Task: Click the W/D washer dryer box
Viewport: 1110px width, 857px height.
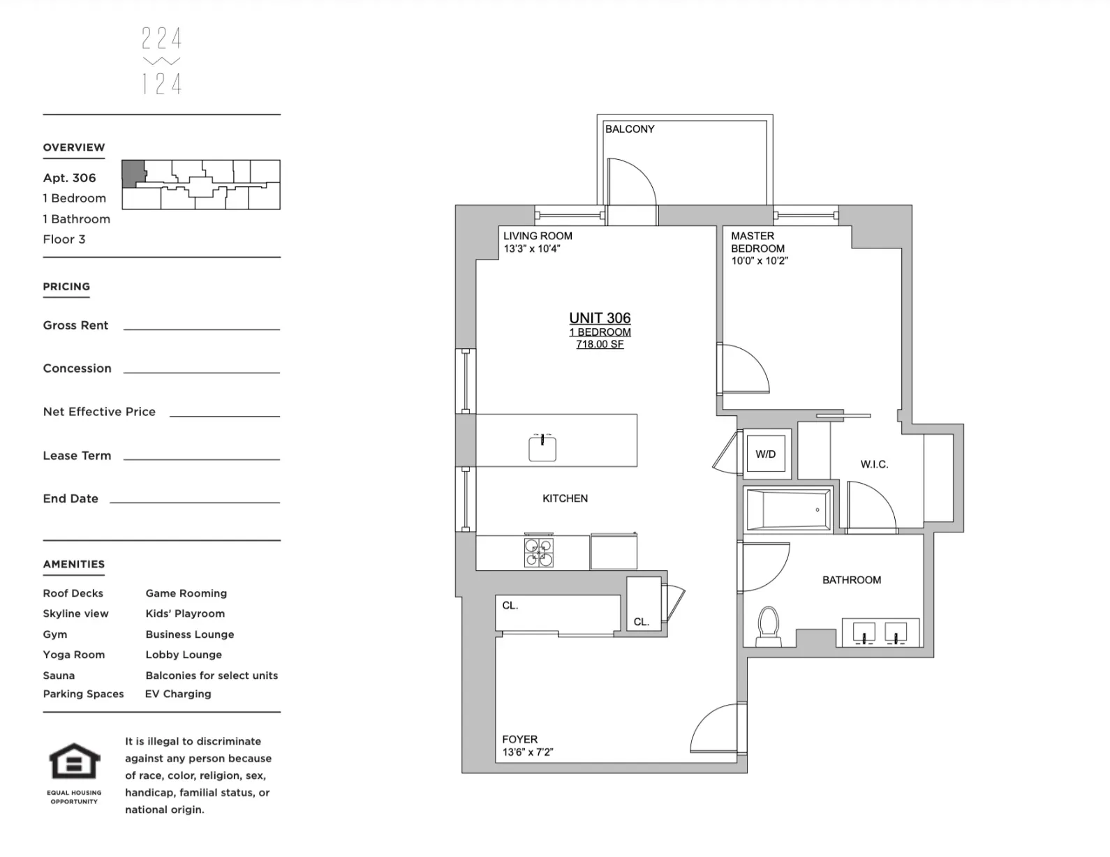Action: (766, 454)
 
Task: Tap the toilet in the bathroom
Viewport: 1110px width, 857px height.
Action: (768, 625)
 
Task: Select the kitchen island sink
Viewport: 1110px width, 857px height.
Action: (542, 448)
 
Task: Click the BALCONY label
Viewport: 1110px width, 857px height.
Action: (630, 129)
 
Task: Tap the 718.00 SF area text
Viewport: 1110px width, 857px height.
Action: (600, 345)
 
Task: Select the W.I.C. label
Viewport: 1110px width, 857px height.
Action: (874, 464)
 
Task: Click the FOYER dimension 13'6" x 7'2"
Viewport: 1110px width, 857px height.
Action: (528, 752)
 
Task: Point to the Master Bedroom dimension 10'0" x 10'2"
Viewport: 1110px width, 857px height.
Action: (760, 261)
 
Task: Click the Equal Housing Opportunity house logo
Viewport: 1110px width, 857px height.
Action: (74, 762)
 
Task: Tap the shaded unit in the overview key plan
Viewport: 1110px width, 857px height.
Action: (133, 173)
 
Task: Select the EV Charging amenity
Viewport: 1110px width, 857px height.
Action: (178, 694)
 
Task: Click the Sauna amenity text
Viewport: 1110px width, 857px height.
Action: (59, 676)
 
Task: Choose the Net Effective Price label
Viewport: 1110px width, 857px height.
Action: (99, 412)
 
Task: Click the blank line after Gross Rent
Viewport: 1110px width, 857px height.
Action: (201, 328)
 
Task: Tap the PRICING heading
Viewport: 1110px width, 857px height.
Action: (66, 287)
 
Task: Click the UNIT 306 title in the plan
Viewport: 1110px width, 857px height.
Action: (600, 318)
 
